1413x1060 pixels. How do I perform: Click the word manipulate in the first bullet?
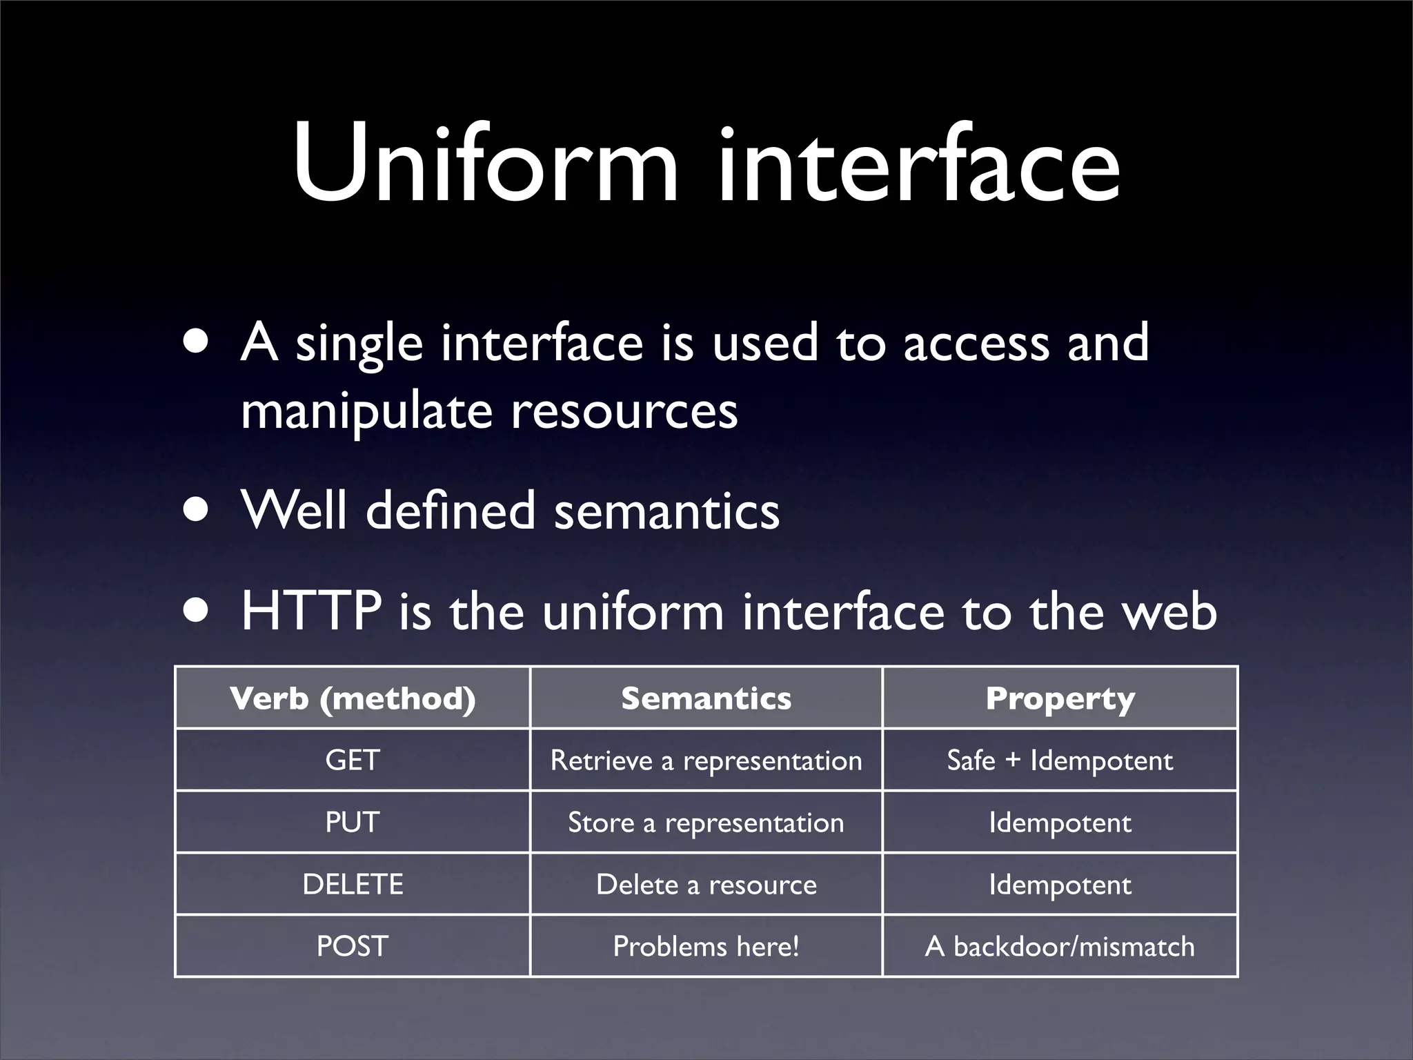tap(366, 411)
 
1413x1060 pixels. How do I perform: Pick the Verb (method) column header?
tap(353, 698)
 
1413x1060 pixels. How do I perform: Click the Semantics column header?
tap(706, 698)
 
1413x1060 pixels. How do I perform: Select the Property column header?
tap(1060, 698)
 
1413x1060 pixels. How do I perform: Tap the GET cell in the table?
tap(353, 760)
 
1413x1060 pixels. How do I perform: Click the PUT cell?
tap(353, 823)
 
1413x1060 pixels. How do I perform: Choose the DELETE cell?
tap(353, 885)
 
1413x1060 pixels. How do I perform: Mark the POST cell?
tap(353, 946)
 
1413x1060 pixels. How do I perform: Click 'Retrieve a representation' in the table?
tap(706, 760)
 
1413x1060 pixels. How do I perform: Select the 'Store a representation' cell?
tap(706, 823)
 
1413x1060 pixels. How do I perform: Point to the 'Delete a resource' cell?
tap(706, 885)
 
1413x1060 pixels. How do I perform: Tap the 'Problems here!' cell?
tap(706, 946)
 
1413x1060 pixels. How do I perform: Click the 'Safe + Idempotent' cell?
tap(1060, 760)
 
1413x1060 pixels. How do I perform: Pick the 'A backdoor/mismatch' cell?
tap(1060, 946)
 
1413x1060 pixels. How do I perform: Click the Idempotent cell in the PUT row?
tap(1060, 823)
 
